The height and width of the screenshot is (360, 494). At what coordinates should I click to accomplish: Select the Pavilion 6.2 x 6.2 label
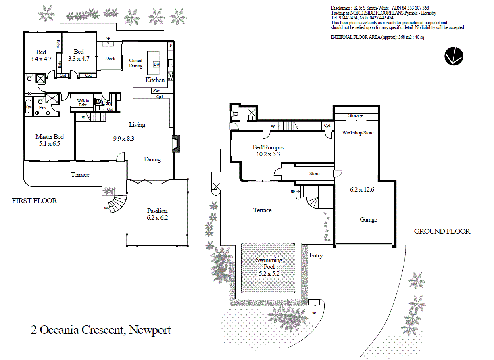pos(157,214)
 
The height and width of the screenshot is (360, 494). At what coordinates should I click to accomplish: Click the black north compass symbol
pos(454,56)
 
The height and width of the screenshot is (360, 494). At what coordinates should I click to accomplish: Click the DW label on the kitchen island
pos(156,65)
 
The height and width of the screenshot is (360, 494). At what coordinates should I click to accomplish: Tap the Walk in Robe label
pos(83,103)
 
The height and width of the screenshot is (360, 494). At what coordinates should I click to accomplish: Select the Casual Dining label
pos(135,63)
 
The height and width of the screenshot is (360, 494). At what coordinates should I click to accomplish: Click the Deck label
pos(110,59)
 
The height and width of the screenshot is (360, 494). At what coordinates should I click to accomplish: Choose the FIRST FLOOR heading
pos(35,201)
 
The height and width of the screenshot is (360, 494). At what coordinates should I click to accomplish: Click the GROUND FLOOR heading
pos(442,231)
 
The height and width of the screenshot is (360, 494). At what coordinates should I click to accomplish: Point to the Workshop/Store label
pos(358,132)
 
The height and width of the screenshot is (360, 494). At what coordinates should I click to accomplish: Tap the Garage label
pos(368,220)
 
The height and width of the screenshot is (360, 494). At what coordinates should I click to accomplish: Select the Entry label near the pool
pos(316,255)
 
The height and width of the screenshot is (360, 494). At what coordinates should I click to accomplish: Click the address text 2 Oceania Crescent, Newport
pos(101,330)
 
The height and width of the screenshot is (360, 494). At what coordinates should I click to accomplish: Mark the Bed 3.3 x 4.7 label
pos(79,55)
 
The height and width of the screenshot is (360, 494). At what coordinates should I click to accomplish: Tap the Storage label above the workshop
pos(355,116)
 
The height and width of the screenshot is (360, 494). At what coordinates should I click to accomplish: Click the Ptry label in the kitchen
pos(156,90)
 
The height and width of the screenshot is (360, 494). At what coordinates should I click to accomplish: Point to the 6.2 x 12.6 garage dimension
pos(362,189)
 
